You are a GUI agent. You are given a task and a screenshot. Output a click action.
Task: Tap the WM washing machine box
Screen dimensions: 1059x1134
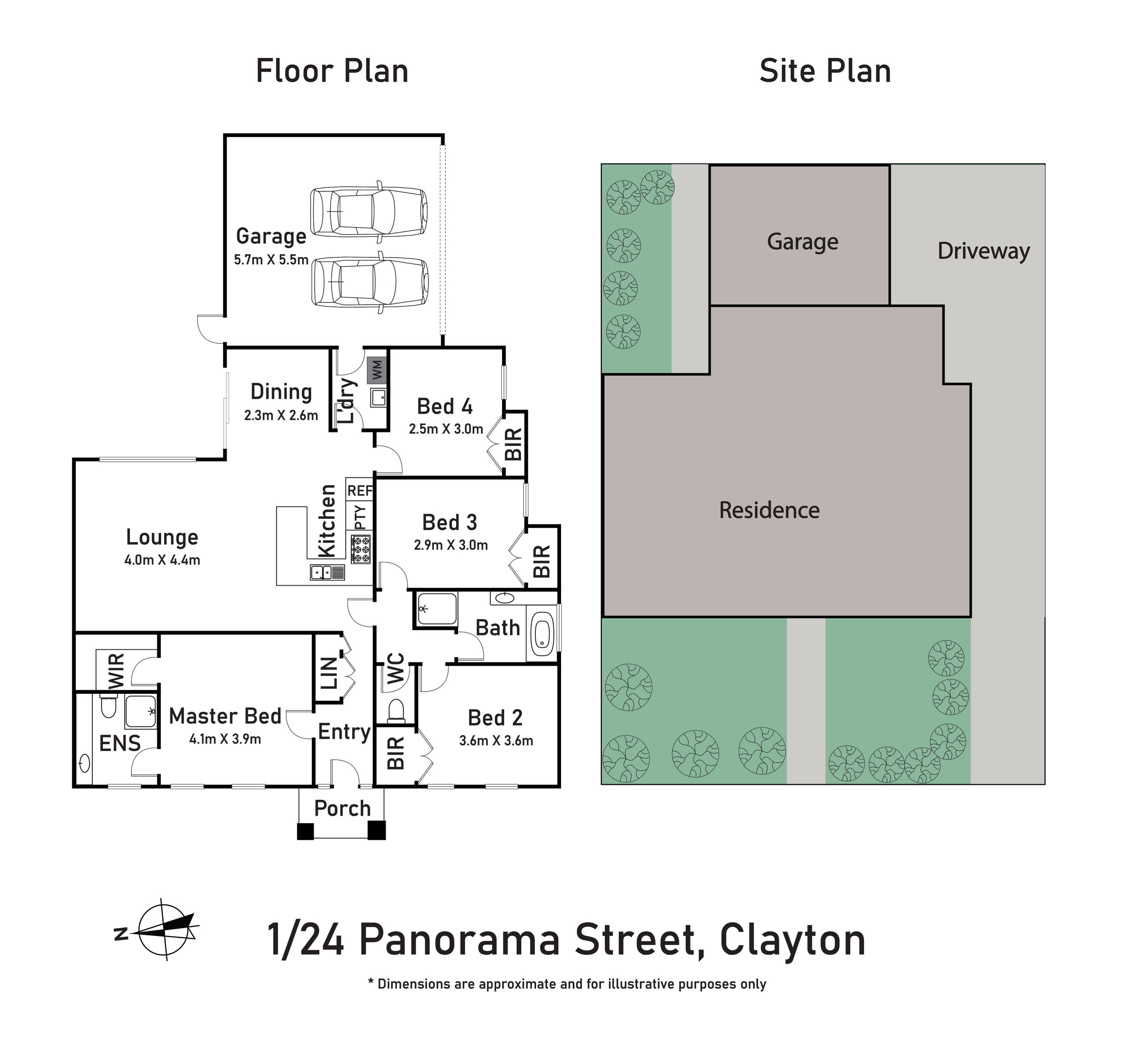(377, 370)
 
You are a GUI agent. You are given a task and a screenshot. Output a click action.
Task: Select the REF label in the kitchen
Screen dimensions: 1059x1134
(360, 491)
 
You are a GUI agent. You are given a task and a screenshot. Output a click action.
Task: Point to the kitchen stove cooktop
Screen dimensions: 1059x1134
(361, 549)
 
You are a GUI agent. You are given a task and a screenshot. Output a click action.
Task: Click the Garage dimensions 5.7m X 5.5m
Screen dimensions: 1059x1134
(271, 260)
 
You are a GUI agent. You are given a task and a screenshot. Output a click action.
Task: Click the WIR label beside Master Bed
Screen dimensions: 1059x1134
(116, 671)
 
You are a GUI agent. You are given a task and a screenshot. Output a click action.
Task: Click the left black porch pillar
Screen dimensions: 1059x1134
(305, 831)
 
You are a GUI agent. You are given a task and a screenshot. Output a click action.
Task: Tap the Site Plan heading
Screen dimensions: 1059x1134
(825, 71)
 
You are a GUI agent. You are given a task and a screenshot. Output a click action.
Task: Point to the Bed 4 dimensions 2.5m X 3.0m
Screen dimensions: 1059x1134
(446, 429)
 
